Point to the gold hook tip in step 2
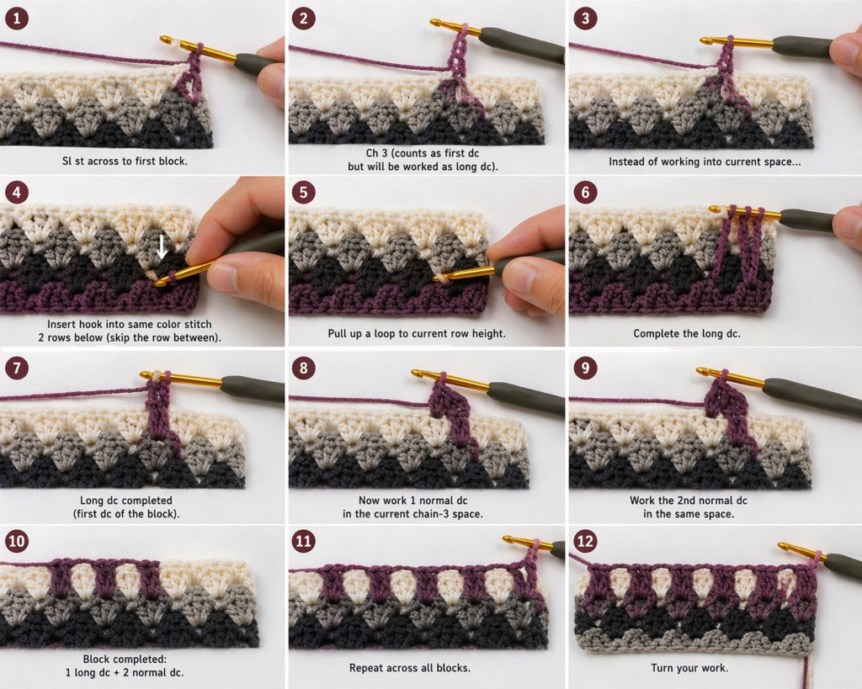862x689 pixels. pyautogui.click(x=435, y=23)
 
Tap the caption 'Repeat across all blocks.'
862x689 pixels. pyautogui.click(x=409, y=667)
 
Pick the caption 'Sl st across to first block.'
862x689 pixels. pyautogui.click(x=125, y=160)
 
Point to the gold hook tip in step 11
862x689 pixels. pyautogui.click(x=508, y=538)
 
